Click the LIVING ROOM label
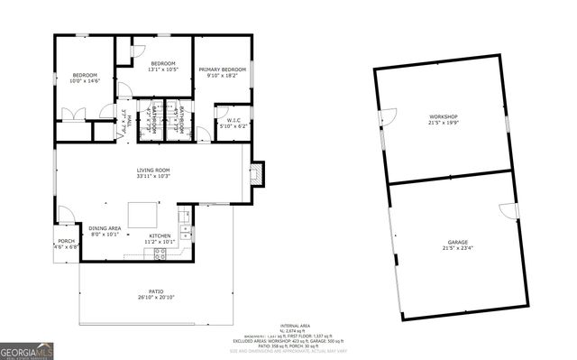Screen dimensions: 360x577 pyautogui.click(x=153, y=171)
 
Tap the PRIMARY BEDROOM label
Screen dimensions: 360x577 pyautogui.click(x=222, y=69)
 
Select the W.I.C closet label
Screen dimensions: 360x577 pyautogui.click(x=232, y=120)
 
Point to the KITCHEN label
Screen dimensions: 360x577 pyautogui.click(x=160, y=236)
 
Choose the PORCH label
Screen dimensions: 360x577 pyautogui.click(x=67, y=241)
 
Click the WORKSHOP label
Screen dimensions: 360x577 pyautogui.click(x=443, y=117)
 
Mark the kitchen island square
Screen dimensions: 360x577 pyautogui.click(x=142, y=215)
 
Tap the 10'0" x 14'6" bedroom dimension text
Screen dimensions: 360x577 pyautogui.click(x=86, y=81)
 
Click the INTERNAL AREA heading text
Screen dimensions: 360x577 pyautogui.click(x=295, y=325)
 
